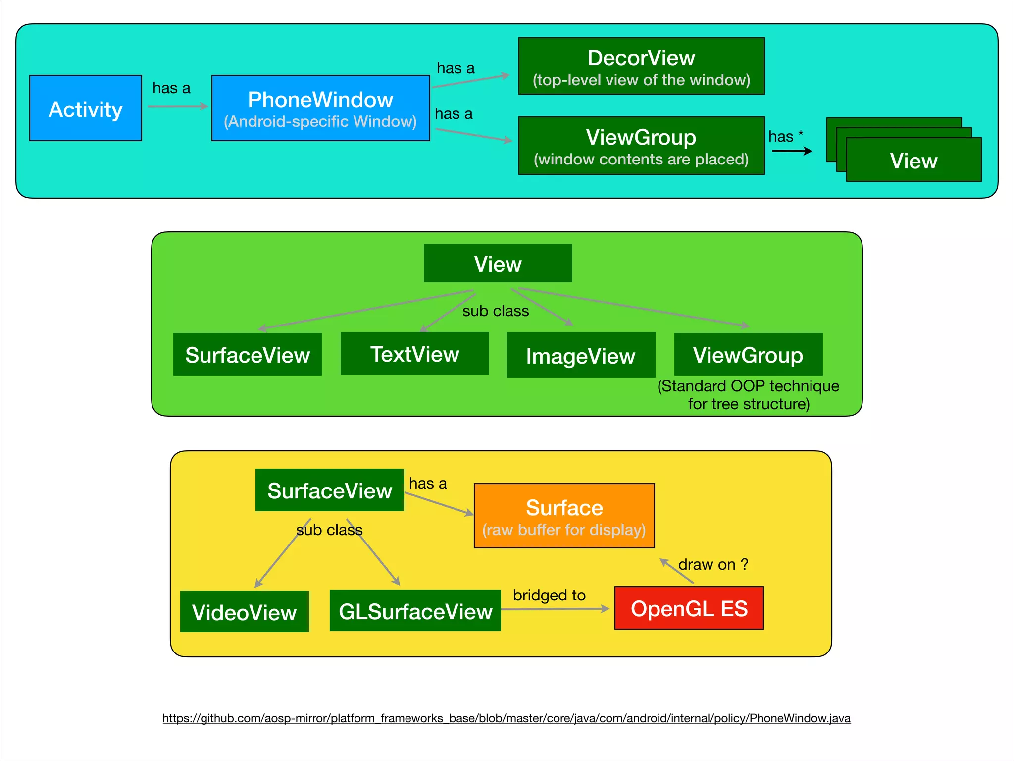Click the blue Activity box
pyautogui.click(x=86, y=108)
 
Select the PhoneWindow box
pyautogui.click(x=320, y=108)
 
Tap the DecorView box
pyautogui.click(x=641, y=66)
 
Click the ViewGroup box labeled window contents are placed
pyautogui.click(x=641, y=146)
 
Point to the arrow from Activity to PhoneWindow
pyautogui.click(x=177, y=106)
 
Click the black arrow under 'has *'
pyautogui.click(x=792, y=151)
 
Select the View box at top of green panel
pyautogui.click(x=498, y=263)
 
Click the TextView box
pyautogui.click(x=414, y=353)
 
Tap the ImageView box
pyautogui.click(x=581, y=355)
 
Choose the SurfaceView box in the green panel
pyautogui.click(x=247, y=354)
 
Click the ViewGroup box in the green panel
pyautogui.click(x=748, y=354)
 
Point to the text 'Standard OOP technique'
pyautogui.click(x=748, y=386)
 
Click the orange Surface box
pyautogui.click(x=564, y=516)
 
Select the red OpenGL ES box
pyautogui.click(x=689, y=608)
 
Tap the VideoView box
pyautogui.click(x=244, y=611)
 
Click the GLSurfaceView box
pyautogui.click(x=415, y=610)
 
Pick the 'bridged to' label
pyautogui.click(x=549, y=595)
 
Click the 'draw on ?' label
pyautogui.click(x=712, y=564)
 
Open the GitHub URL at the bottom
pyautogui.click(x=506, y=718)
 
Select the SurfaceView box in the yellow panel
pyautogui.click(x=329, y=490)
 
